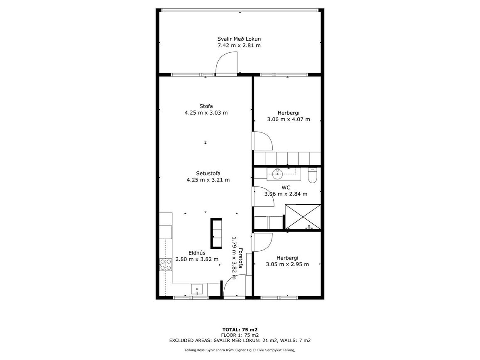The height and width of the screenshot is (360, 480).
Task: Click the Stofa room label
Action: tap(206, 106)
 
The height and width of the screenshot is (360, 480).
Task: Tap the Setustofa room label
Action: tap(208, 174)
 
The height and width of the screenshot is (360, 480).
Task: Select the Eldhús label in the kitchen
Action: tap(197, 253)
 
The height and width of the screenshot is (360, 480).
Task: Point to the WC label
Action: tap(286, 187)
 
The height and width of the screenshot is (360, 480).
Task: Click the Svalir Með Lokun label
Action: tap(239, 39)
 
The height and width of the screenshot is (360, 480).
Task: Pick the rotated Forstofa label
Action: tap(241, 258)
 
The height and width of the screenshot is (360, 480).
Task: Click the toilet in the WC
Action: tap(312, 175)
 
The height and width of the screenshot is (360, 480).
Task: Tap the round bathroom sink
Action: tap(277, 174)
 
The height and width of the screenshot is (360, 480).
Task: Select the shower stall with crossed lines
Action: tap(303, 217)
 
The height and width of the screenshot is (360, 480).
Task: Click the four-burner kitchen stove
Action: tap(166, 265)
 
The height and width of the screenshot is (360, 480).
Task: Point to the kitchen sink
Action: tap(196, 289)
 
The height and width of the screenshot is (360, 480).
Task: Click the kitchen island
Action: tap(216, 233)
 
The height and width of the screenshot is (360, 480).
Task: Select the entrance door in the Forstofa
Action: tap(235, 285)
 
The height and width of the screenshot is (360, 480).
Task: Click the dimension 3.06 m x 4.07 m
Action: tap(288, 120)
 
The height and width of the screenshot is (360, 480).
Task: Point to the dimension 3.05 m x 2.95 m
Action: tap(287, 264)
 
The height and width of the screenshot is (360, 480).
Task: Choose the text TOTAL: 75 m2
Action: tap(240, 330)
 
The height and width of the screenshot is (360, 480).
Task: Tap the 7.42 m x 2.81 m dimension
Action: tap(239, 45)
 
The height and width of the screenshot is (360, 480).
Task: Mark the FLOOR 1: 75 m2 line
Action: tap(240, 335)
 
